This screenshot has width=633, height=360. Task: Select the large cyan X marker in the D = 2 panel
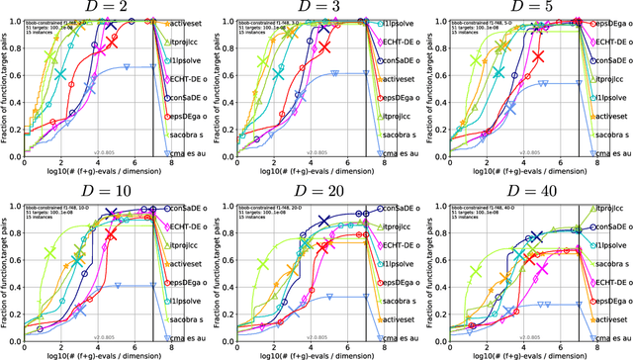(62, 74)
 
